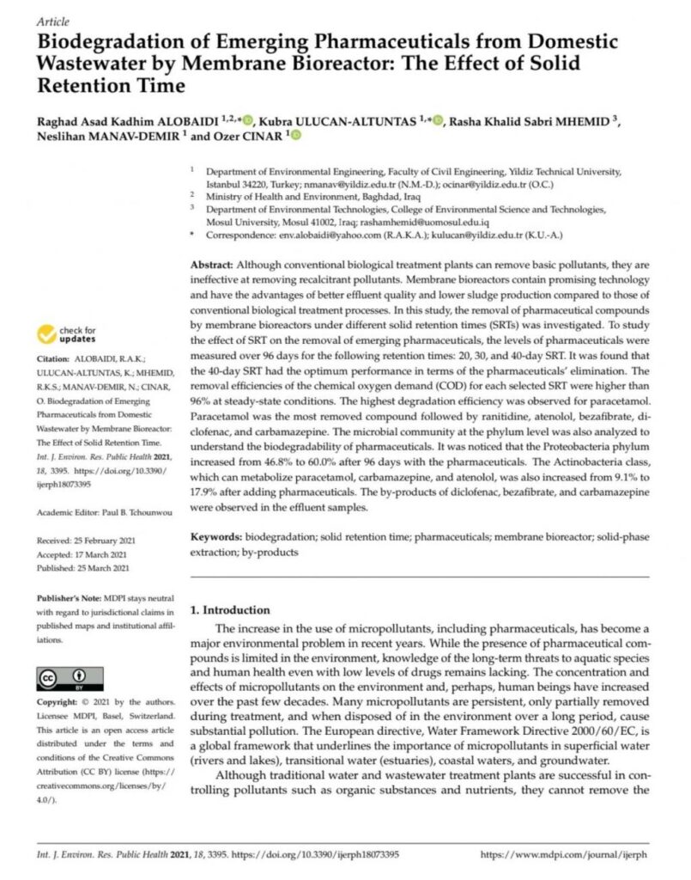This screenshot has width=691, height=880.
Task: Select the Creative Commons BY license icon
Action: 70,676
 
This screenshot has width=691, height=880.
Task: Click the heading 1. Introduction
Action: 229,609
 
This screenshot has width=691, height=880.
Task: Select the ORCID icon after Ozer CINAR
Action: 297,136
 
